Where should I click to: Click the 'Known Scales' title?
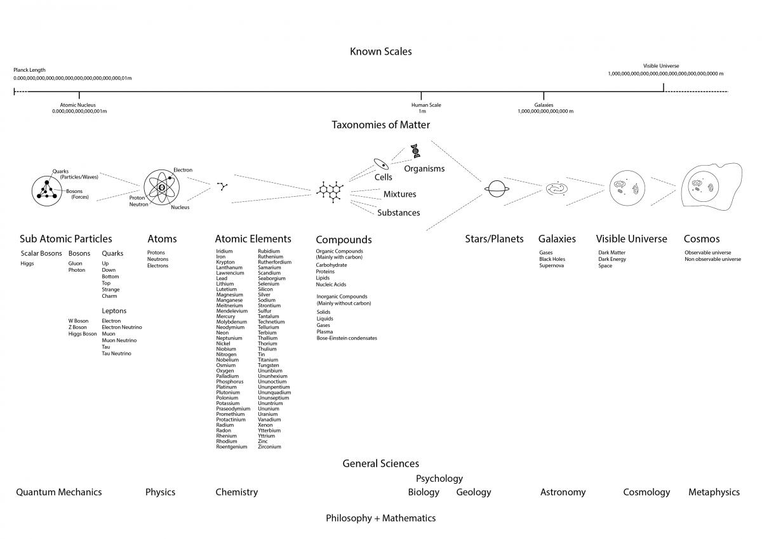coord(380,51)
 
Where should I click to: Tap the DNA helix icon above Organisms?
coord(415,150)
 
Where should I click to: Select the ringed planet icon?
coord(495,189)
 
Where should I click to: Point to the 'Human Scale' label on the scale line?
coord(425,105)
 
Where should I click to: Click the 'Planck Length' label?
coord(29,70)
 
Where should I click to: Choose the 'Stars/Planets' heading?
coord(494,239)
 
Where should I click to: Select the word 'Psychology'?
coord(439,478)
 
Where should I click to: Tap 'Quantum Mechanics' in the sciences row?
coord(58,492)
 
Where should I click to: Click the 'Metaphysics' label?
coord(714,492)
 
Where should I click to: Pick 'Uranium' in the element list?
coord(268,415)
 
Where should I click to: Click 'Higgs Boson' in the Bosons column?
coord(83,334)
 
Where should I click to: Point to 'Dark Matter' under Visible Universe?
coord(612,253)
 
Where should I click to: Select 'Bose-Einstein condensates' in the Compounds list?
coord(347,338)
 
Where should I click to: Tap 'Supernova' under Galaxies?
coord(552,265)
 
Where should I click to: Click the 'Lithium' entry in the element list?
coord(225,284)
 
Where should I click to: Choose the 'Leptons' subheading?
coord(114,311)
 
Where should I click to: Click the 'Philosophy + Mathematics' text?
coord(380,518)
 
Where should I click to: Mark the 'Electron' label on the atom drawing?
coord(183,170)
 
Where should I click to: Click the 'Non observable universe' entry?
coord(712,259)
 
